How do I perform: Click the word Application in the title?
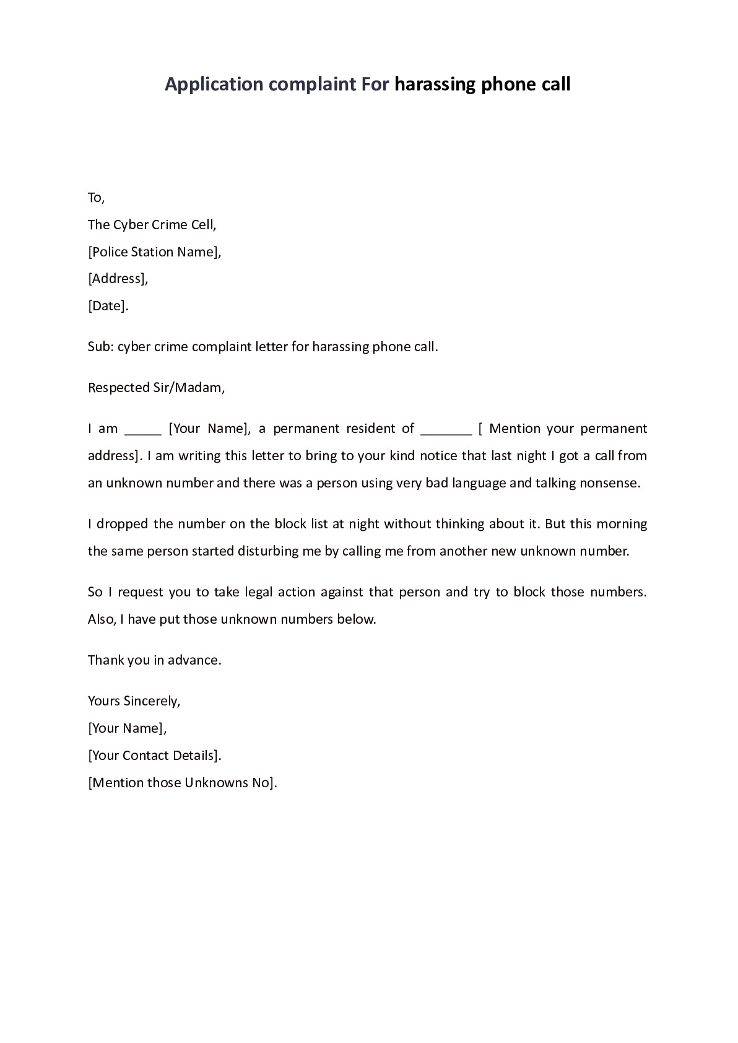(214, 84)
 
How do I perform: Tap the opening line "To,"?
(96, 198)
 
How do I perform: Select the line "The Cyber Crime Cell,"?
(152, 225)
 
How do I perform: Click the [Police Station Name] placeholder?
(154, 252)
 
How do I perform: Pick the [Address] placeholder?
(118, 279)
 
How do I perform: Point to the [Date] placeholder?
(108, 306)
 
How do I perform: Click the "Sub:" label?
(100, 347)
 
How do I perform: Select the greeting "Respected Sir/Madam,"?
(156, 388)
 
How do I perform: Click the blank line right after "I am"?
(143, 431)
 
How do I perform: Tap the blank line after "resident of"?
(446, 431)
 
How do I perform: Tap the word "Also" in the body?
(101, 619)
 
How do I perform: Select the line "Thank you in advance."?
(154, 660)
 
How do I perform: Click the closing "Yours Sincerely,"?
(134, 701)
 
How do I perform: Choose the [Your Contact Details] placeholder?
(154, 756)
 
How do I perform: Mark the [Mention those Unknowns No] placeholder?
(182, 783)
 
